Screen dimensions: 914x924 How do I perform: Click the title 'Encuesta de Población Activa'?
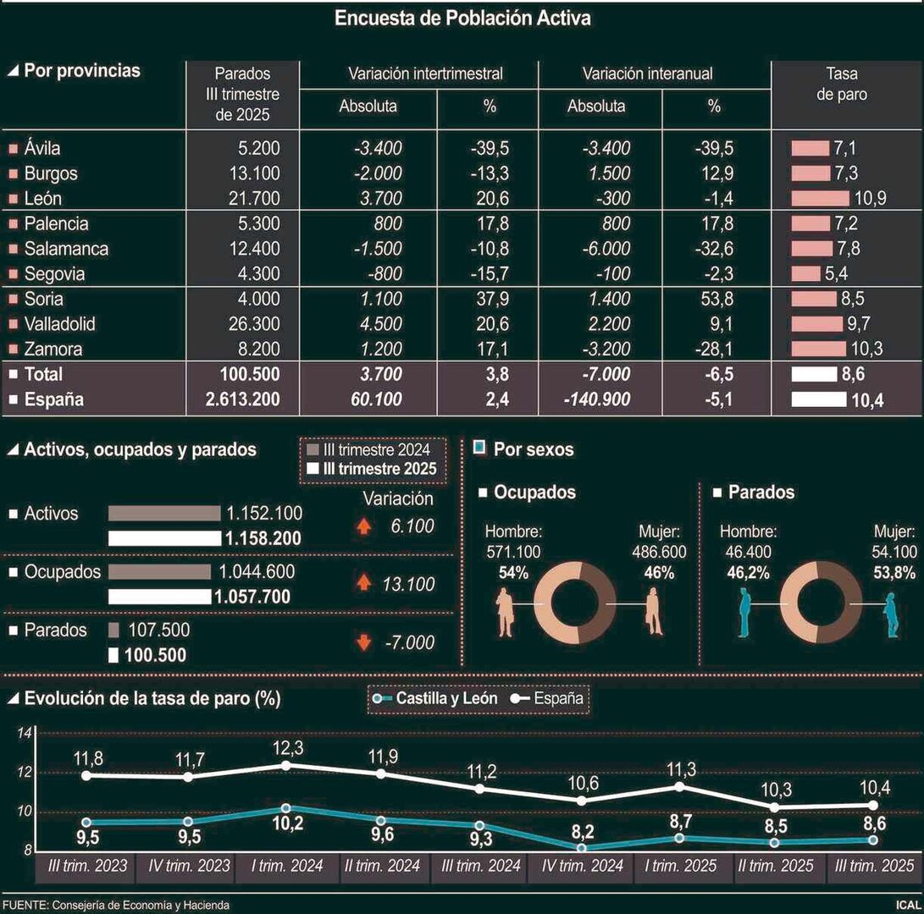point(462,18)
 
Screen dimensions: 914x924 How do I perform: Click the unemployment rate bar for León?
point(820,199)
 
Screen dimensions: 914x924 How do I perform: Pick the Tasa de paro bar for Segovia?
point(805,274)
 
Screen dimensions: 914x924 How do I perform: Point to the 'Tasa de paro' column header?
point(841,84)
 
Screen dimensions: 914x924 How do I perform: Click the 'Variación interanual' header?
point(647,74)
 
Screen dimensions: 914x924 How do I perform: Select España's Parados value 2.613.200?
point(242,399)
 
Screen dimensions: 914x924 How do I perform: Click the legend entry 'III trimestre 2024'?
point(373,449)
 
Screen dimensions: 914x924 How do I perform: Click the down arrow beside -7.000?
point(363,643)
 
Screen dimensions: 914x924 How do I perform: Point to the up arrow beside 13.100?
point(363,582)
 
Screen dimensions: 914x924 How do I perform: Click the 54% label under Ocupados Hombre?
point(506,572)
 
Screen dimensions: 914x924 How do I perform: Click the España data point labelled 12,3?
point(286,765)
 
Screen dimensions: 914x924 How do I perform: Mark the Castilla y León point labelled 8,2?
point(582,847)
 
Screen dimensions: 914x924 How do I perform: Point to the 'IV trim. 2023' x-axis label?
point(189,866)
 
